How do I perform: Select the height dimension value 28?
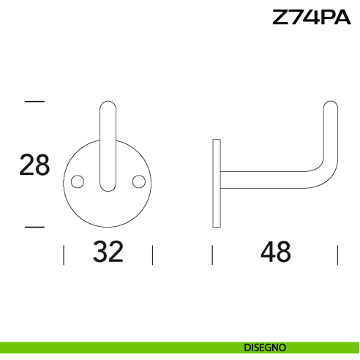[34, 165]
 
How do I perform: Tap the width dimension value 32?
[108, 252]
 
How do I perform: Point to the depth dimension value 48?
[275, 252]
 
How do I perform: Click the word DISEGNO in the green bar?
[265, 347]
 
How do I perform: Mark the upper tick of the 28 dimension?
[34, 101]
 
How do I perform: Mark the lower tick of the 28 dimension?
[34, 227]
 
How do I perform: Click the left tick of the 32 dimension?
[64, 255]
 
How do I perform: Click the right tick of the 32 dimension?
[152, 255]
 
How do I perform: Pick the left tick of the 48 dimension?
[212, 255]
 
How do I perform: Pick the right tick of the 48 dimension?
[337, 255]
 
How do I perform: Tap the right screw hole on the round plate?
[136, 181]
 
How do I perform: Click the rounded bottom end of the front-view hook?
[108, 187]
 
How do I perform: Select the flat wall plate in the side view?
[216, 183]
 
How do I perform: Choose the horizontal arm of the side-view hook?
[263, 181]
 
